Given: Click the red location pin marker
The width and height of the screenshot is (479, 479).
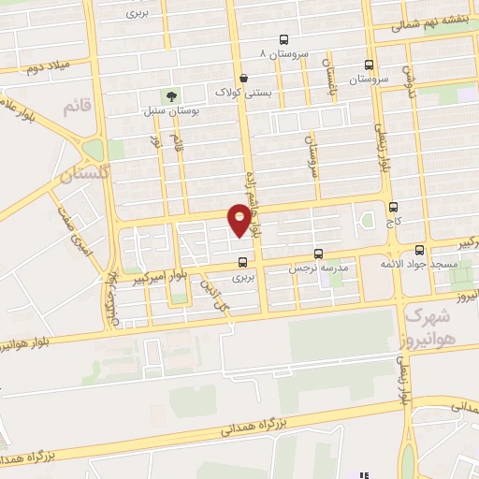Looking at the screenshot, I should pyautogui.click(x=240, y=221).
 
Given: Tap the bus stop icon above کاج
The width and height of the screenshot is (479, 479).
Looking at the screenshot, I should pyautogui.click(x=392, y=208).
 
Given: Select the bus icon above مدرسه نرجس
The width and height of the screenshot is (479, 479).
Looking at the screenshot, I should pyautogui.click(x=319, y=254).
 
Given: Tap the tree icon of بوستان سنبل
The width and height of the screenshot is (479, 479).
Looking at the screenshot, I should pyautogui.click(x=170, y=95).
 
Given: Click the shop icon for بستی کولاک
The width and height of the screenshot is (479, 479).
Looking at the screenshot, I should pyautogui.click(x=244, y=79).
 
